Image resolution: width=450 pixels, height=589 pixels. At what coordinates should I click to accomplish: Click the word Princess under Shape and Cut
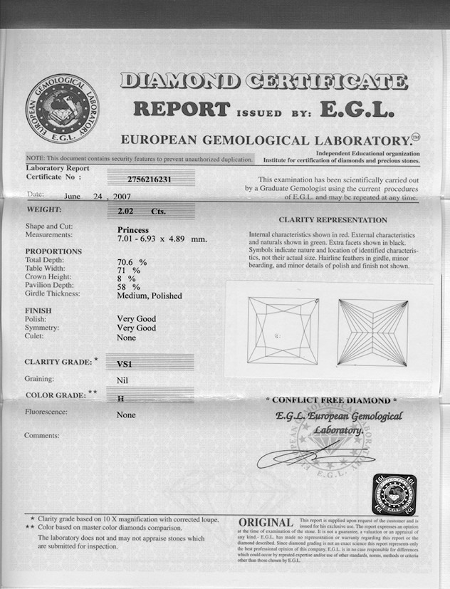[x=133, y=230]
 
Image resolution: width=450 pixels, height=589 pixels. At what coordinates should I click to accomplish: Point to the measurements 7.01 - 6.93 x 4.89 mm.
[x=162, y=239]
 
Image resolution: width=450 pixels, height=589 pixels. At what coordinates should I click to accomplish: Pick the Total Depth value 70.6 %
[x=132, y=262]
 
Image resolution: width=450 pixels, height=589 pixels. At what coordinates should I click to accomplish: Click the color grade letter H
[x=120, y=397]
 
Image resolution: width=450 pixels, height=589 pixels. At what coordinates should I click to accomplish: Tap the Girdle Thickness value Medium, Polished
[x=150, y=296]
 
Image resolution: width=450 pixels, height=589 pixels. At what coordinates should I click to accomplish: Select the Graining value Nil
[x=122, y=380]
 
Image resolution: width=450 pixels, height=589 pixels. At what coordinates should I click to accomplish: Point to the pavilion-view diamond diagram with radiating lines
[x=372, y=331]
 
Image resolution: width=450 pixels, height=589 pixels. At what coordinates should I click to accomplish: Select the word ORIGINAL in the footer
[x=266, y=523]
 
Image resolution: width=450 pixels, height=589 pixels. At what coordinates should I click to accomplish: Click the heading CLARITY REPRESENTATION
[x=333, y=220]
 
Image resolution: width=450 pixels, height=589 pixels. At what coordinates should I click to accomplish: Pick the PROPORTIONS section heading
[x=53, y=251]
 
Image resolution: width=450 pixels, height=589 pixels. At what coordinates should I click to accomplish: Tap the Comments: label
[x=42, y=435]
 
